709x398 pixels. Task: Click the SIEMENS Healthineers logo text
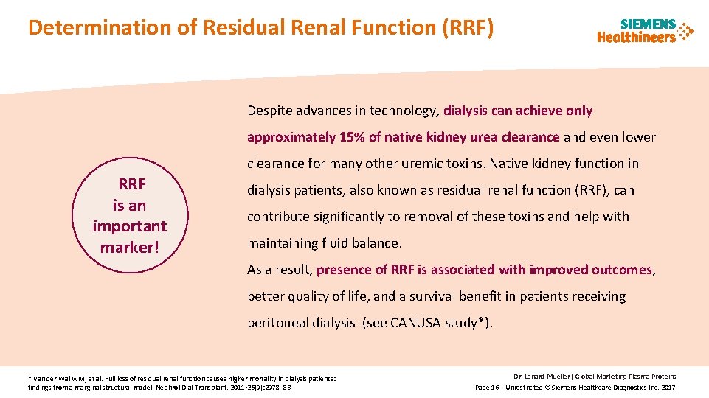[x=636, y=31]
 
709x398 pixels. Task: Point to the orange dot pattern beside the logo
[x=685, y=31]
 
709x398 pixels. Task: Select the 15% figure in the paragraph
[x=346, y=137]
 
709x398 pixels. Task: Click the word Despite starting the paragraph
[x=269, y=111]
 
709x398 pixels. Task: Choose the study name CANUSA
[x=415, y=323]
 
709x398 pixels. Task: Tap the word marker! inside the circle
[x=130, y=248]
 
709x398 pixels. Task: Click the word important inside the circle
[x=130, y=226]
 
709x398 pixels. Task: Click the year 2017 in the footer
[x=667, y=387]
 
